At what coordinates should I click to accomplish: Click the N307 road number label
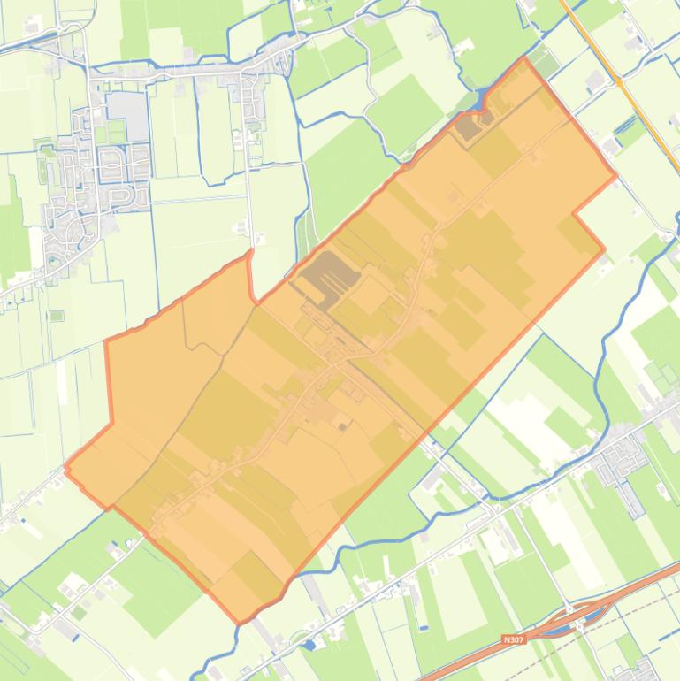513,639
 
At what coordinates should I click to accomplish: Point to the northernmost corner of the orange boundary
525,58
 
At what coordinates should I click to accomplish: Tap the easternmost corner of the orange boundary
615,174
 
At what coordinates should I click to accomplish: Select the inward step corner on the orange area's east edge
574,213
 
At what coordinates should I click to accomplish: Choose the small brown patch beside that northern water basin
470,127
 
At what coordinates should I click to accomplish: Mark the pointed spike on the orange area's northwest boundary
249,251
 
